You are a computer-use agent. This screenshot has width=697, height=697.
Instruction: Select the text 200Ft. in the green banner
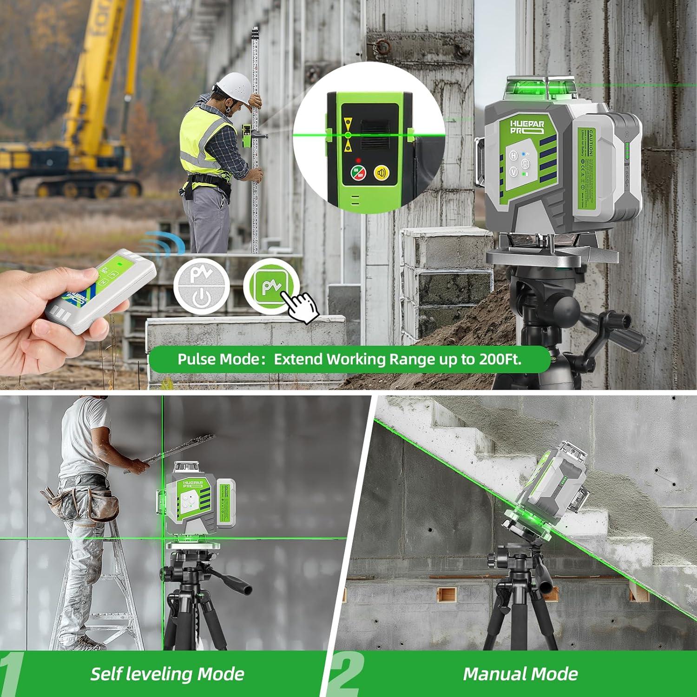[x=500, y=359]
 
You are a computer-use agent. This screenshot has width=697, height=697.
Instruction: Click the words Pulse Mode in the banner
[x=218, y=359]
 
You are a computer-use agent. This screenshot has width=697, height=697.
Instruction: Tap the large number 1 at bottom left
[x=12, y=674]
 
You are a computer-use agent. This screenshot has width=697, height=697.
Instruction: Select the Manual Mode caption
[x=520, y=674]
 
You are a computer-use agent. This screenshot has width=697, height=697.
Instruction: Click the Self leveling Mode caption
[x=167, y=674]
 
